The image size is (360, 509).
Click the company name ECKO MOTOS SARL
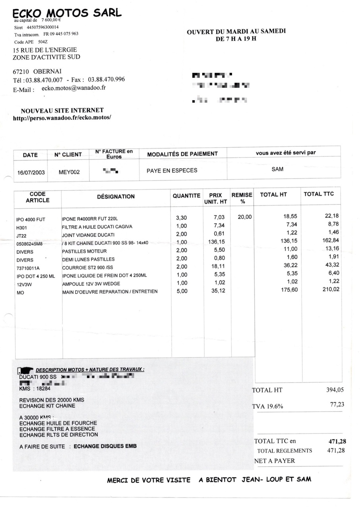[67, 13]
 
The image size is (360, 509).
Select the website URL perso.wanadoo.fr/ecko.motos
[62, 118]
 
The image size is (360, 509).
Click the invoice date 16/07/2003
[31, 173]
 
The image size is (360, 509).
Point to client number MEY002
[69, 172]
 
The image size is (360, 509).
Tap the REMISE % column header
[242, 198]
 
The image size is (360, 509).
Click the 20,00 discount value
[244, 217]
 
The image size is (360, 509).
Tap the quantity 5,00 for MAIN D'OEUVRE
[182, 291]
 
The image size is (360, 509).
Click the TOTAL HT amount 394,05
[334, 390]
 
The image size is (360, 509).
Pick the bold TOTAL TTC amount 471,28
[337, 441]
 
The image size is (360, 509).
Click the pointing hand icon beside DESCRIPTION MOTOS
[26, 370]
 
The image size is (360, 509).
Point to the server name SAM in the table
[277, 169]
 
